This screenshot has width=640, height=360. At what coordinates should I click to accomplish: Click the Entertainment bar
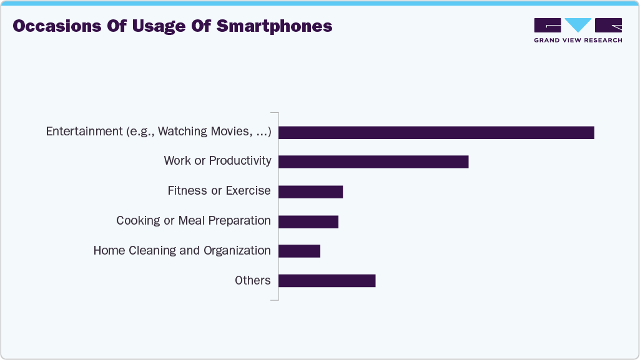pos(436,132)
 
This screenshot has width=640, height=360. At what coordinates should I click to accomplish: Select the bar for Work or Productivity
pos(373,162)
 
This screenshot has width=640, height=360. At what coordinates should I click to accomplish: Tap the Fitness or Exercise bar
pos(310,192)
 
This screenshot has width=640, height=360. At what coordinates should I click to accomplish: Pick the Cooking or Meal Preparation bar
pos(308,221)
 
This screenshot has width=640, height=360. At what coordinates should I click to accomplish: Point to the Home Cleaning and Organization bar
pos(299,251)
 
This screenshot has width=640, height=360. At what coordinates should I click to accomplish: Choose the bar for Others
pos(327,281)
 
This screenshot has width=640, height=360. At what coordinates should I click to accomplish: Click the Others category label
pos(253,281)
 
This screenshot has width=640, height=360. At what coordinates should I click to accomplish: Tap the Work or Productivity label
pos(217,161)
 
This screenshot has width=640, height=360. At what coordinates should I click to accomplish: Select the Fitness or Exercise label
pos(219,191)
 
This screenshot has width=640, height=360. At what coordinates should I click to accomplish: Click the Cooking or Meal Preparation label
pos(194,221)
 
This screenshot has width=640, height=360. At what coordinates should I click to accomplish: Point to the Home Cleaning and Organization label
pos(182,251)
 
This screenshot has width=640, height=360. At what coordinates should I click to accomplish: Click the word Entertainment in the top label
pos(84,132)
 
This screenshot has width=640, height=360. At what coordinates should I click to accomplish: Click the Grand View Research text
pos(578,41)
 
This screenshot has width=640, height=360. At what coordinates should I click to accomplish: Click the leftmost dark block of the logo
pos(547,25)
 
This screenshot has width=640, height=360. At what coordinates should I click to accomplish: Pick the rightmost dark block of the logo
pos(608,25)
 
